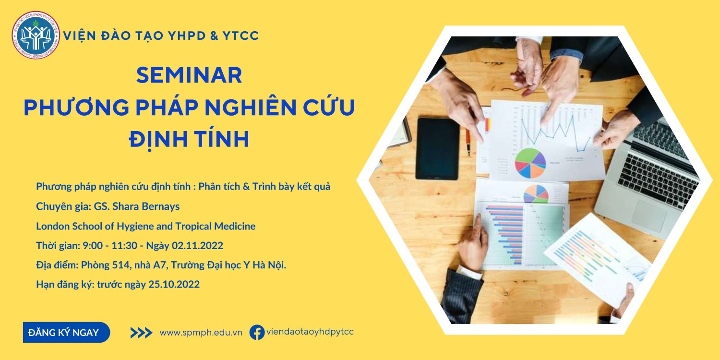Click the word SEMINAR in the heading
click(x=189, y=75)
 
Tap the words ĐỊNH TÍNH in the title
click(x=189, y=139)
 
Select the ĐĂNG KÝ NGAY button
click(x=66, y=332)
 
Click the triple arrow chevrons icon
click(x=141, y=333)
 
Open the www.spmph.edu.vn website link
click(x=201, y=333)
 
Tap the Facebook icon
click(x=257, y=332)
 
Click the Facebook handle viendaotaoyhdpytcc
click(x=310, y=332)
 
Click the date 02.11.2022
click(x=197, y=246)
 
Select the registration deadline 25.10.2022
click(x=174, y=285)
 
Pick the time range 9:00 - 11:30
click(x=110, y=246)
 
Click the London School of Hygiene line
click(x=145, y=226)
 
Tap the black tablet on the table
click(x=437, y=148)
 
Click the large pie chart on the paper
click(x=530, y=163)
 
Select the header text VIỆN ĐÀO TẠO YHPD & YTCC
click(x=161, y=36)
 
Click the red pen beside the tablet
click(x=468, y=142)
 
